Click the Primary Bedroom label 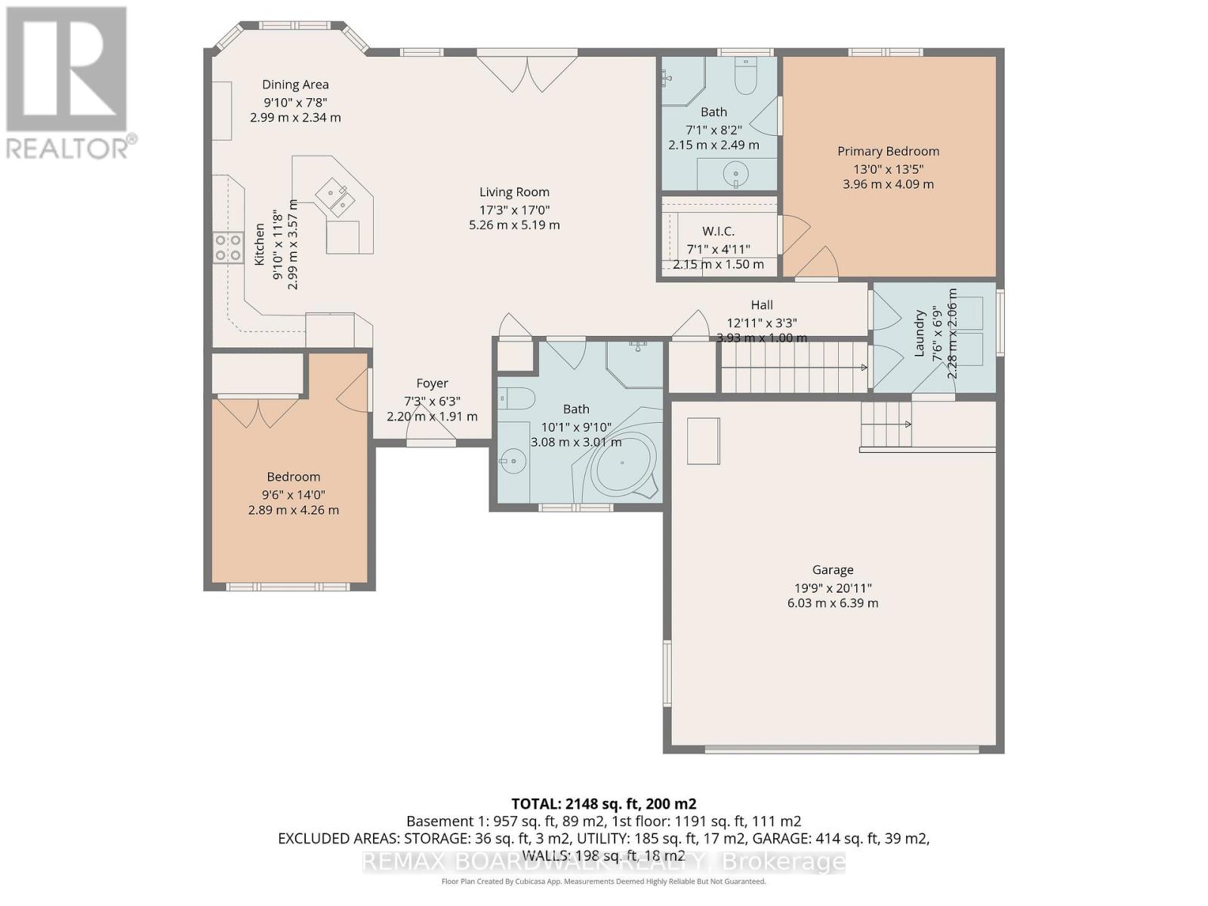[x=888, y=151]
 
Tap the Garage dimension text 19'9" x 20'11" [x=833, y=587]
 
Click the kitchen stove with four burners [x=227, y=247]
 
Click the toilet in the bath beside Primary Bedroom [x=745, y=78]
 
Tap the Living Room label [x=514, y=192]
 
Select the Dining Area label [x=295, y=85]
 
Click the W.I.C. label [x=718, y=231]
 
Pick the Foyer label [x=432, y=384]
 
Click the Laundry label [x=920, y=333]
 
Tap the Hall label [x=761, y=304]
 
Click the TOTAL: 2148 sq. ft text [x=603, y=803]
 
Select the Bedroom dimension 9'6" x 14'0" [x=293, y=495]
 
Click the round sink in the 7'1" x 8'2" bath [x=735, y=174]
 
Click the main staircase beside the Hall [x=793, y=367]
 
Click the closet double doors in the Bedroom [x=257, y=412]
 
